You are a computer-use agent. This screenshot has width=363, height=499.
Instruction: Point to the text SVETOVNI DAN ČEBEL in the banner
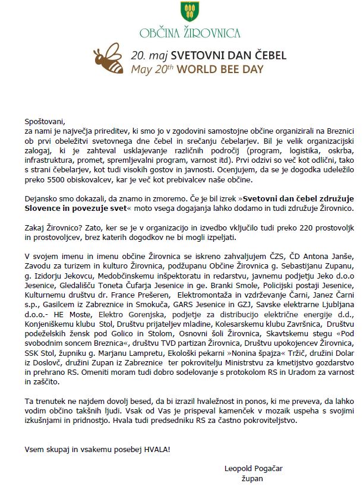[x=229, y=55]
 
